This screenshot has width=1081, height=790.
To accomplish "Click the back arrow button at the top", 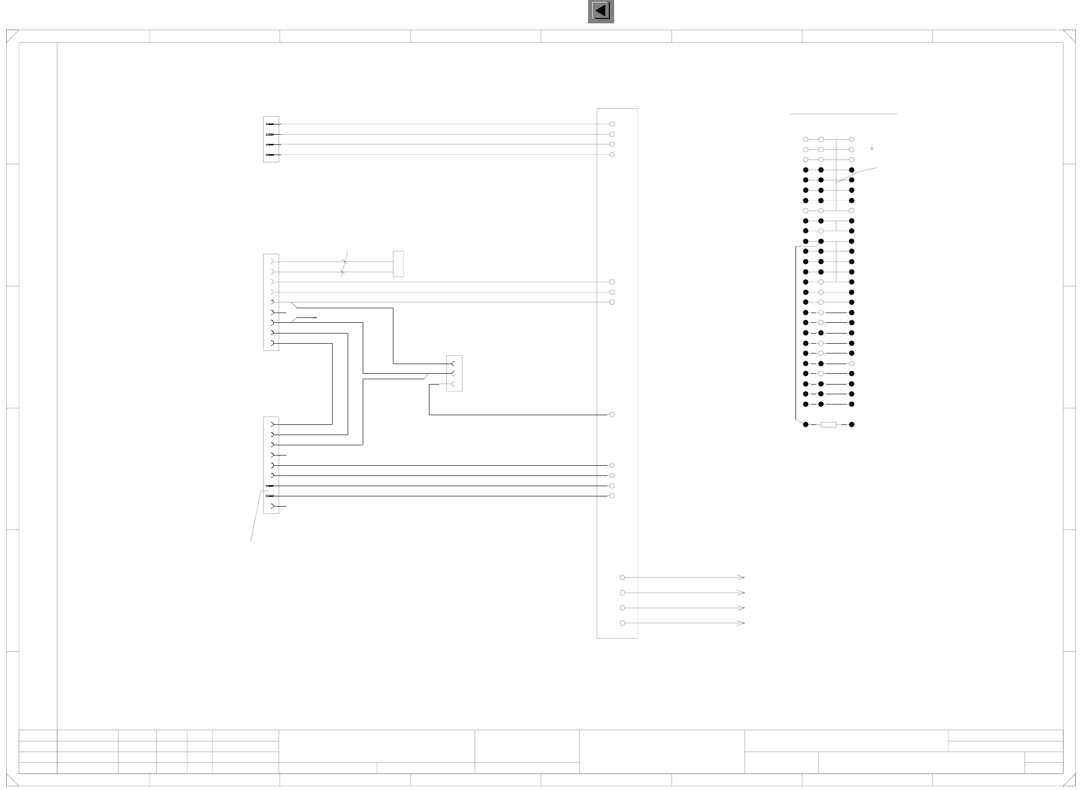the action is tap(601, 11).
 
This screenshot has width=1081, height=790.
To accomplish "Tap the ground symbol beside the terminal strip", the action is tap(872, 147).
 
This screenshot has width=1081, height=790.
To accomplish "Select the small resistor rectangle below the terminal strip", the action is tap(828, 425).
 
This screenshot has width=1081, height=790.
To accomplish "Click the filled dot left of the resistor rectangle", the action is tap(806, 425).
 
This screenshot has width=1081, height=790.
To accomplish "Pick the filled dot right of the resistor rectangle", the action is tap(851, 425).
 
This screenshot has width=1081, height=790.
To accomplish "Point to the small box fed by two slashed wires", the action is tap(398, 264).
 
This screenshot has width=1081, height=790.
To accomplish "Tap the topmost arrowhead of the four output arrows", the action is tap(741, 578).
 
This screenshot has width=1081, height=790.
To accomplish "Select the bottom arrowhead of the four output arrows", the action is tap(741, 623).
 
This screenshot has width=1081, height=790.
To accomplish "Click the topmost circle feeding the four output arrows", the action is tap(622, 578).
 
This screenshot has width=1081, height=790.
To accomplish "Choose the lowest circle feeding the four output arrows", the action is tap(622, 623).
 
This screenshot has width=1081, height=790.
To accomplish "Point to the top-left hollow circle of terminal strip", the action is tap(806, 140).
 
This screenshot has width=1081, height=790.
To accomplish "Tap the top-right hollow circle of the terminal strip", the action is tap(851, 140).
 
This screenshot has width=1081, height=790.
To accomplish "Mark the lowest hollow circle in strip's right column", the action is tap(851, 364).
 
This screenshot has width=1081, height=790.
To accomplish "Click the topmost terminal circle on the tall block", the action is tap(612, 124).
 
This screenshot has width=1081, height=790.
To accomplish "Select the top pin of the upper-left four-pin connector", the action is tap(270, 124).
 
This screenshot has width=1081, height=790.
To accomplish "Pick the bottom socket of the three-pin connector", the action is tap(454, 384).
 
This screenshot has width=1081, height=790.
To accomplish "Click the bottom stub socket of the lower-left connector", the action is tap(273, 507).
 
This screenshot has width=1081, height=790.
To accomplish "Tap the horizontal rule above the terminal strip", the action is tap(844, 114).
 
